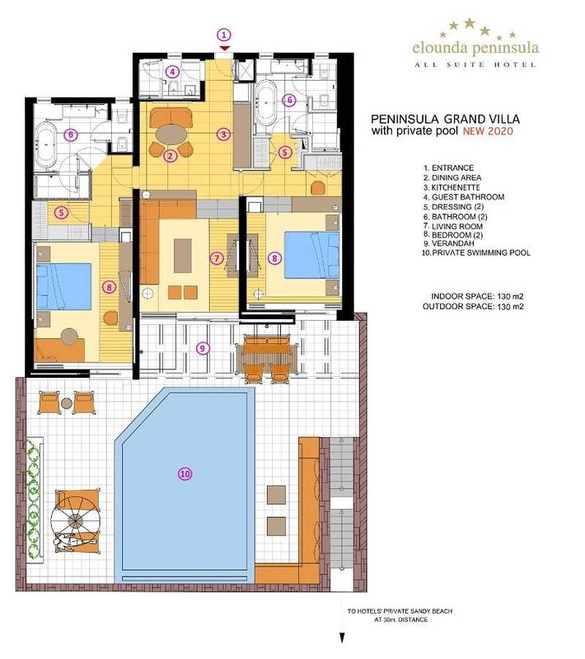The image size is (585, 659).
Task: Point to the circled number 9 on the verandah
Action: tap(203, 348)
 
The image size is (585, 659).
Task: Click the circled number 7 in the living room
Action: tap(217, 258)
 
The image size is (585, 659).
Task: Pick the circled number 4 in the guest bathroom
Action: tap(172, 72)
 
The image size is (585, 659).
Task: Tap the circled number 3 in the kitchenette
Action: tap(222, 134)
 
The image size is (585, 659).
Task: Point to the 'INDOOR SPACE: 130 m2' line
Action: tap(478, 295)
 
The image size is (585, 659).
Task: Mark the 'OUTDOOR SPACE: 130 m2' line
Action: tap(475, 305)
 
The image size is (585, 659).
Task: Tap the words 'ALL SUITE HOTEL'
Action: tap(475, 64)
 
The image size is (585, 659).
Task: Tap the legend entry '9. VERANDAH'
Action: tap(450, 244)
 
